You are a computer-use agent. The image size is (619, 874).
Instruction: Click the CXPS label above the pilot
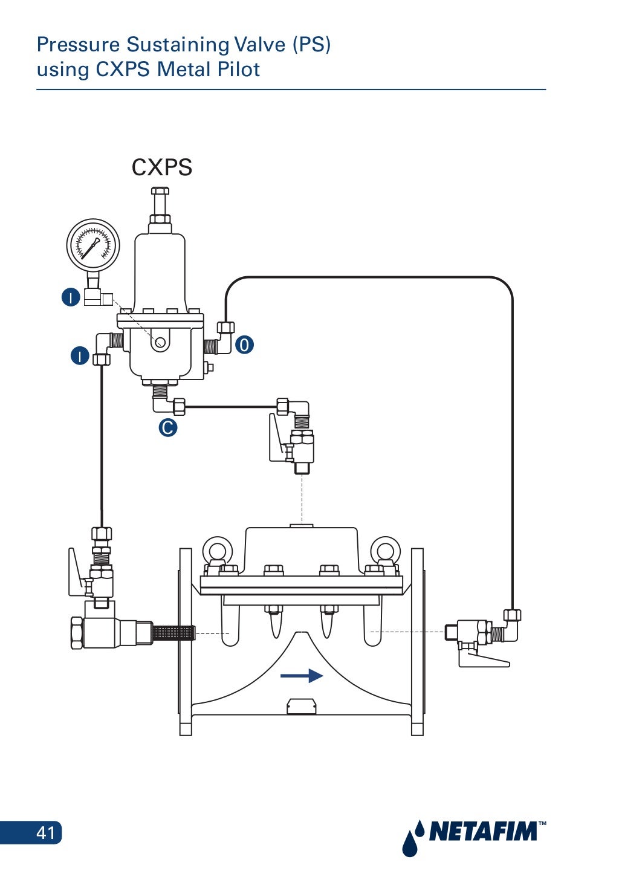(x=161, y=167)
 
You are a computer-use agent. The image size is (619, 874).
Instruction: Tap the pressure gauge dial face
(x=92, y=245)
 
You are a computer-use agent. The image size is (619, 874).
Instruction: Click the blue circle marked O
(x=244, y=345)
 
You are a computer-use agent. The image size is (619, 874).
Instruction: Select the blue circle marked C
(x=167, y=428)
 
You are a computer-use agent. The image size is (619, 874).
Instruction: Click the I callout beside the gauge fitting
(x=71, y=297)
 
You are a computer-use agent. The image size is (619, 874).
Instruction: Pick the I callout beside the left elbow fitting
(x=80, y=355)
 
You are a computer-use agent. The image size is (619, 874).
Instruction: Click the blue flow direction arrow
(x=302, y=675)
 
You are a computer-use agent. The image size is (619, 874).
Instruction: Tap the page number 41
(x=46, y=833)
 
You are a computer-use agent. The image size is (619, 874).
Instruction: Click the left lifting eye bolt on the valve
(x=218, y=551)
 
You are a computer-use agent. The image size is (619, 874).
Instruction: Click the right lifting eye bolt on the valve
(x=384, y=551)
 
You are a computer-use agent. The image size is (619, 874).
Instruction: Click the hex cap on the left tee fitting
(x=77, y=633)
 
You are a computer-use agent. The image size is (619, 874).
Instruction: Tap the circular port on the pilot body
(x=160, y=343)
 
